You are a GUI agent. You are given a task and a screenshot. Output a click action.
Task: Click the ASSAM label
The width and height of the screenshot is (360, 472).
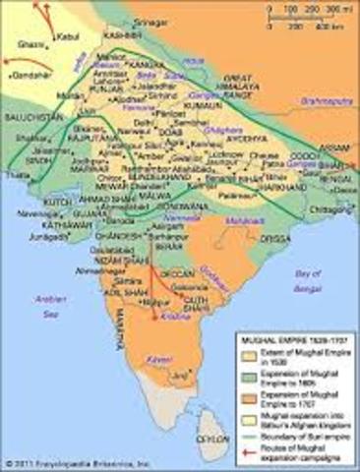point(337,141)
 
